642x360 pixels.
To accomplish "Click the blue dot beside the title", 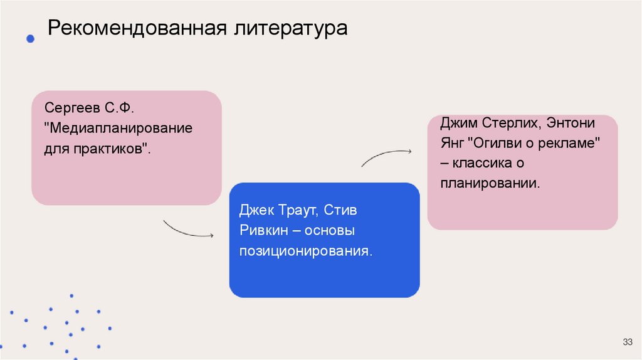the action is point(30,39).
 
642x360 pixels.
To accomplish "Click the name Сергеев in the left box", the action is point(70,109).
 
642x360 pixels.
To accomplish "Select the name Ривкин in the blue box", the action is point(263,231).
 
